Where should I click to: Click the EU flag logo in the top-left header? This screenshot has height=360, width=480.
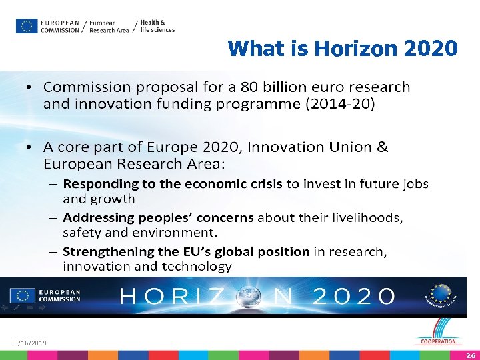27,26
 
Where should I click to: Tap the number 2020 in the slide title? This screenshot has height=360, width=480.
431,49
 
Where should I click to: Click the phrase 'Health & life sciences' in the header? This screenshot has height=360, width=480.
157,26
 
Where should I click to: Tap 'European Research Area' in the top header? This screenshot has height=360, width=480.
109,26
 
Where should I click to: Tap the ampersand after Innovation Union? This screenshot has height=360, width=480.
382,147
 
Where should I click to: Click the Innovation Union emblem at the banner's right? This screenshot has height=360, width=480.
441,295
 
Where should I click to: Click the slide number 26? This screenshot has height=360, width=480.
471,355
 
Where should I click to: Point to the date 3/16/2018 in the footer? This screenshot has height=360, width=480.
30,343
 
